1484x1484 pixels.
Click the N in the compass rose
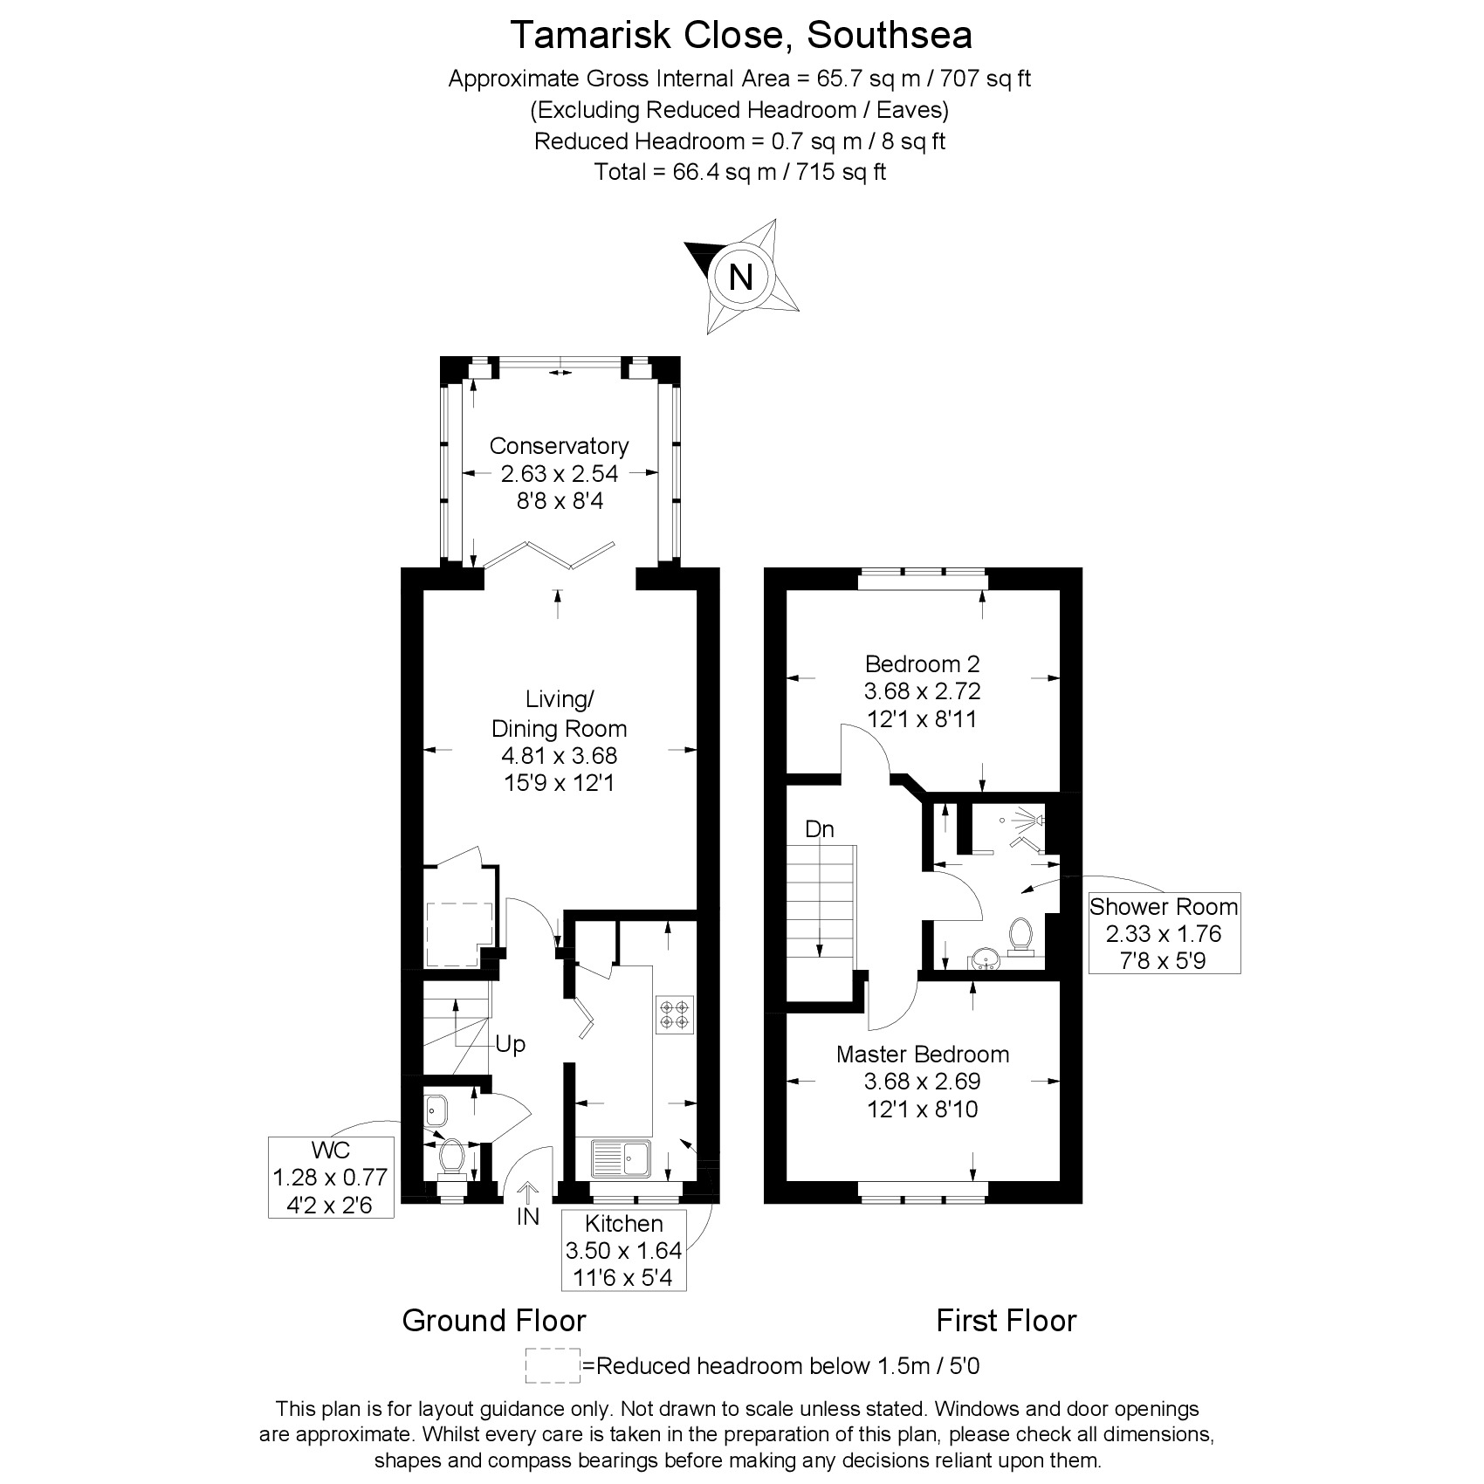click(740, 277)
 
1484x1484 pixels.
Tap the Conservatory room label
click(559, 446)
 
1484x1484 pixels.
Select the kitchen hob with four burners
click(675, 1014)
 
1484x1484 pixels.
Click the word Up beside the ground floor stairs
click(510, 1044)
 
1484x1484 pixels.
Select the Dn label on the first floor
click(820, 829)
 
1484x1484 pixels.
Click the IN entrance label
click(527, 1216)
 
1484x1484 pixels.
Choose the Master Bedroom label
click(923, 1055)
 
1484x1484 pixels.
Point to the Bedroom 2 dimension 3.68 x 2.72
click(923, 691)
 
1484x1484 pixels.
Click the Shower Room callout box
click(1164, 933)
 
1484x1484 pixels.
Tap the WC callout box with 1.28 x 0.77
click(331, 1177)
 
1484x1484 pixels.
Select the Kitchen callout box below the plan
click(624, 1250)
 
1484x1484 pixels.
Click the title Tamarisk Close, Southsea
click(741, 36)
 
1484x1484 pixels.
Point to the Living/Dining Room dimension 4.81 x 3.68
click(560, 755)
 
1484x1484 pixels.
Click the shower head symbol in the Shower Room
click(1036, 820)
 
